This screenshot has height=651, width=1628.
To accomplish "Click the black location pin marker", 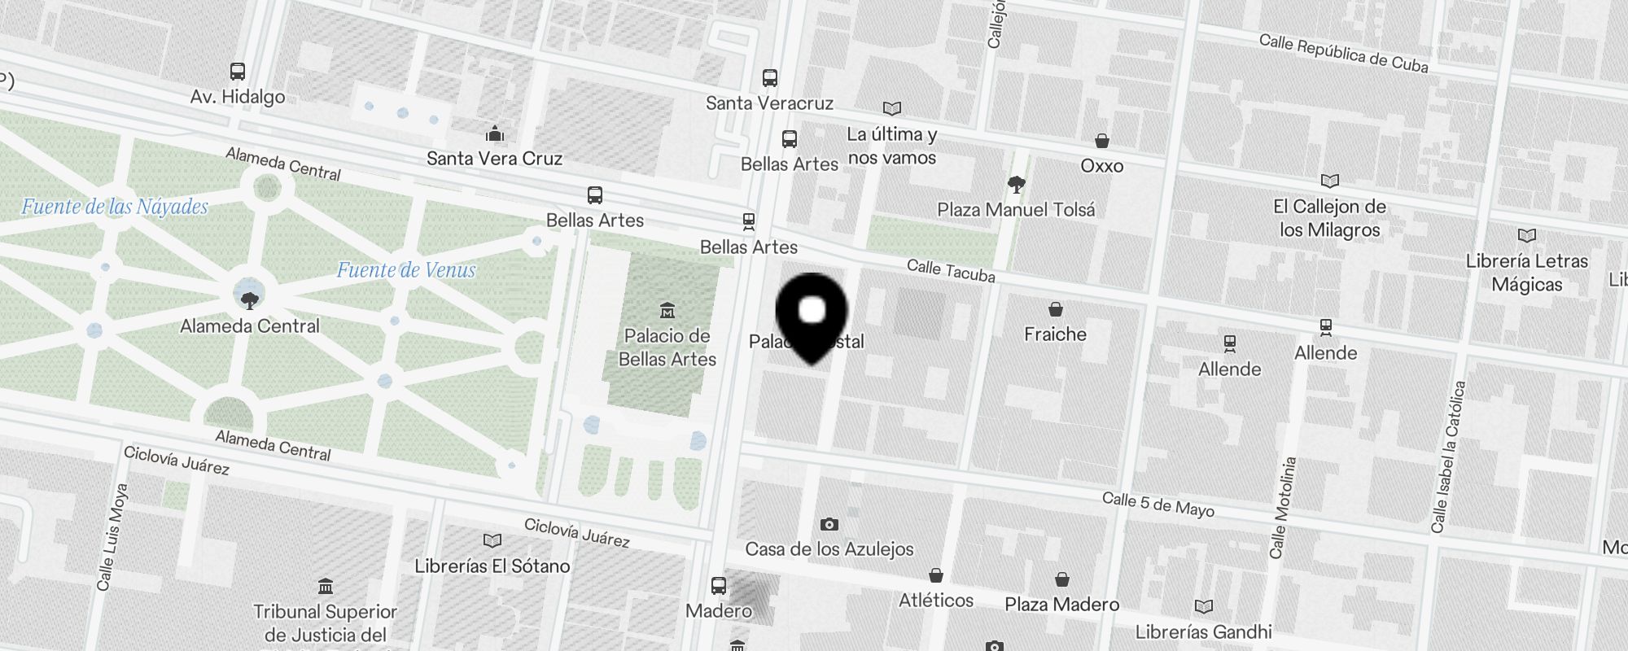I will click(812, 314).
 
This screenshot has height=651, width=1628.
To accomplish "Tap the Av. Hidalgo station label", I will click(238, 97).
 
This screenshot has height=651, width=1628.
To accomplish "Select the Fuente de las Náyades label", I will click(115, 207).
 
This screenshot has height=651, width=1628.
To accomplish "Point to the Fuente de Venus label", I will click(406, 270).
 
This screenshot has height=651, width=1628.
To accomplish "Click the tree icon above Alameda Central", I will click(250, 301).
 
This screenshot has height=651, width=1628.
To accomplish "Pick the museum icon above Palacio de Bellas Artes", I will click(667, 310).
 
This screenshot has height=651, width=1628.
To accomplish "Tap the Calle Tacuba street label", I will click(951, 271).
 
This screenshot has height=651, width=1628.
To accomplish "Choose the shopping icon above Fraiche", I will click(1055, 309).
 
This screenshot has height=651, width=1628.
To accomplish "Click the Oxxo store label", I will click(1102, 166).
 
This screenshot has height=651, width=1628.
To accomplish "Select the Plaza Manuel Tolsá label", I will click(1016, 210).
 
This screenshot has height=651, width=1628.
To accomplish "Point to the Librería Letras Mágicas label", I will click(1527, 273).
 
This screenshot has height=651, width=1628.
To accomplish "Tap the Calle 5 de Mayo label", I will click(1158, 505).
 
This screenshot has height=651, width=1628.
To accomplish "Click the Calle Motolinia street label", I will click(1283, 508).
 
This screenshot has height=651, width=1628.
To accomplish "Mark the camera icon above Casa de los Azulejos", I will click(829, 524).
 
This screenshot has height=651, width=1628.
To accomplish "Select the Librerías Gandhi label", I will click(1203, 631).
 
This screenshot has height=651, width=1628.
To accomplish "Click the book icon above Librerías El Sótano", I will click(492, 541).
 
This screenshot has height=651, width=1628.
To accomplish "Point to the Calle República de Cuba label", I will click(1343, 54).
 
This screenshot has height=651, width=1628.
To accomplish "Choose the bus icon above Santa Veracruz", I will click(769, 78).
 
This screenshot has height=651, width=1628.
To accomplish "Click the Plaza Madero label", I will click(1061, 604).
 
